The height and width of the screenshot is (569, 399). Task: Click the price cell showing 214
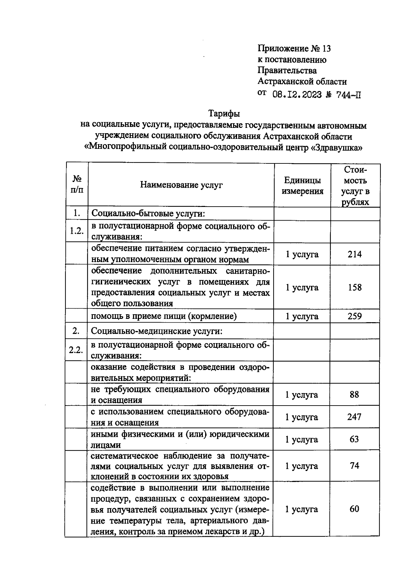(x=354, y=254)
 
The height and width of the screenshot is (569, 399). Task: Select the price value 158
(x=354, y=287)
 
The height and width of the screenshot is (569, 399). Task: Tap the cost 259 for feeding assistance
(x=354, y=316)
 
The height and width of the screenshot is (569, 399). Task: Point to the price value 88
(x=354, y=395)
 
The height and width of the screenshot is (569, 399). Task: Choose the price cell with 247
(x=354, y=417)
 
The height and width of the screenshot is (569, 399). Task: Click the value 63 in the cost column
(x=354, y=439)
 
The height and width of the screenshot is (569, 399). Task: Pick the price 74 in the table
(x=354, y=466)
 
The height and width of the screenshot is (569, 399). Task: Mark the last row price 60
(x=354, y=509)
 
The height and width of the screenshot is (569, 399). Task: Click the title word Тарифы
(x=224, y=114)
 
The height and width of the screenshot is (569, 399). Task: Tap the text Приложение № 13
(x=294, y=49)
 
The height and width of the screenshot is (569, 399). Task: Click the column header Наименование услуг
(x=181, y=185)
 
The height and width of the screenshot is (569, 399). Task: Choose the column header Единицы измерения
(x=302, y=186)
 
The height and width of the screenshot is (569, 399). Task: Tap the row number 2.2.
(x=76, y=350)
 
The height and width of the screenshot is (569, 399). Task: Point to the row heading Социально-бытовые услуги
(x=148, y=213)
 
